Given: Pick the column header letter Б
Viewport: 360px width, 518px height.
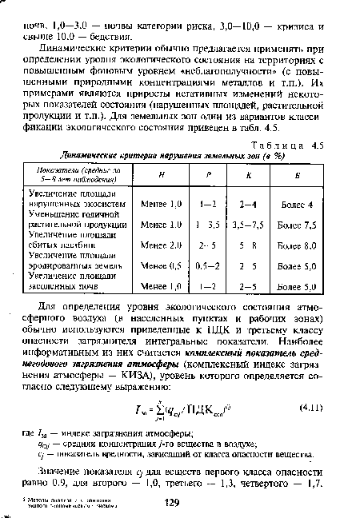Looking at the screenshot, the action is [x=298, y=177].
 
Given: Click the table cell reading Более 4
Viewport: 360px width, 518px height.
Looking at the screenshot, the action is [x=298, y=203].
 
